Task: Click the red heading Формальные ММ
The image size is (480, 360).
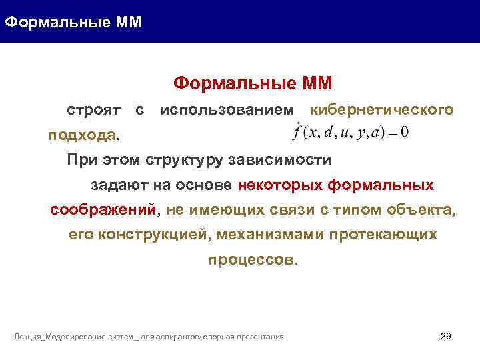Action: coord(253,83)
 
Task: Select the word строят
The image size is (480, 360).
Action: coord(93,109)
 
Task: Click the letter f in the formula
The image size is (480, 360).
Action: coord(297,131)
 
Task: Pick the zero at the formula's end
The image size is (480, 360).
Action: coord(405,132)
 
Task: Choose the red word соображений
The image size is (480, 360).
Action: coord(103,210)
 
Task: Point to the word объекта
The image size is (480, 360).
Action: coord(423,210)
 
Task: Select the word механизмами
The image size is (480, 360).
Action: coord(267,235)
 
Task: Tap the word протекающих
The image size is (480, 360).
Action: coord(382,235)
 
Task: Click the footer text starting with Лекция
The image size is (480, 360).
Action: coord(149,337)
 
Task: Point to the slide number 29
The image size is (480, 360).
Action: coord(446,336)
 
